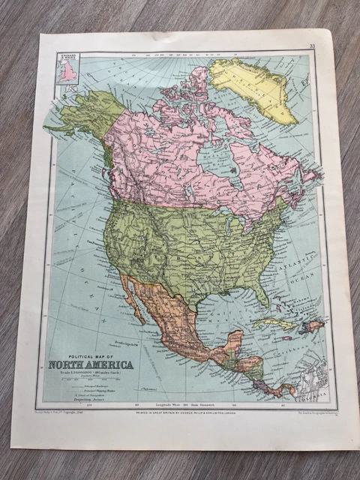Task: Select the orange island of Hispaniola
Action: pyautogui.click(x=310, y=326)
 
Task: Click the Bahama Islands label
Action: pyautogui.click(x=289, y=300)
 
